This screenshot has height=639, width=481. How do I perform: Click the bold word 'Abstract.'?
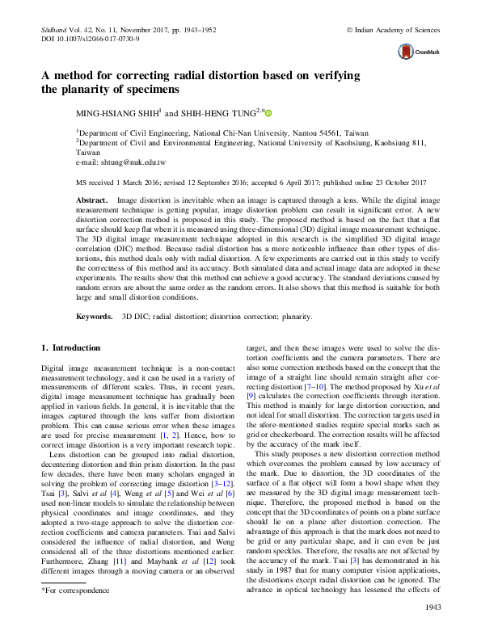click(x=91, y=198)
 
